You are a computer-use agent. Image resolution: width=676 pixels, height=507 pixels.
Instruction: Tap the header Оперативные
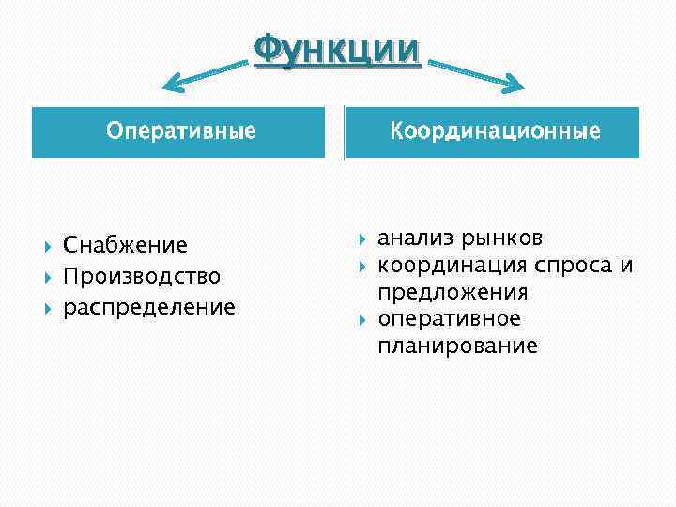tap(181, 131)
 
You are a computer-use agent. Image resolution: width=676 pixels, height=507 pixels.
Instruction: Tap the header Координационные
tap(495, 131)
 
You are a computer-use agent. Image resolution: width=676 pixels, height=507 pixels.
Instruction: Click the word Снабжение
tap(125, 246)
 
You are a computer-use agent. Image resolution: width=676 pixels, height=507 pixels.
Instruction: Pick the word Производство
tap(142, 277)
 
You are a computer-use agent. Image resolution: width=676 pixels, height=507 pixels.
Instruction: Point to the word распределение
tap(149, 308)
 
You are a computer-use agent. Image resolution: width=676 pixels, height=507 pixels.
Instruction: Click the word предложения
tap(453, 292)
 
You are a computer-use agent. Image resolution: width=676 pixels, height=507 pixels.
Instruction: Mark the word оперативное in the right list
tap(449, 319)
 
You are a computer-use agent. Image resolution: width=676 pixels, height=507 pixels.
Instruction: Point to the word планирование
tap(457, 346)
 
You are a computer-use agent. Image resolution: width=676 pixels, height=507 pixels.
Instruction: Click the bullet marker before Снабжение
tap(47, 246)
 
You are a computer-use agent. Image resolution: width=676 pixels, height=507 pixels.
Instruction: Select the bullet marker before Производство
tap(47, 277)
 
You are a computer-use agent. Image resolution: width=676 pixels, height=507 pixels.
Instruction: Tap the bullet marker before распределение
tap(47, 308)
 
